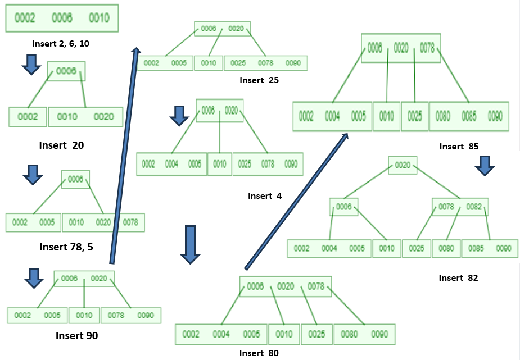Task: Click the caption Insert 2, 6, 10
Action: (61, 43)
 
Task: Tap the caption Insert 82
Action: (458, 277)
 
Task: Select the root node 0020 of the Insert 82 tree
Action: (403, 165)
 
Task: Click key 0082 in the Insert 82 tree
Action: (474, 207)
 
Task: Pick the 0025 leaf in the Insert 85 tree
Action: (414, 116)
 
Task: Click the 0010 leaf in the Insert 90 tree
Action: (84, 316)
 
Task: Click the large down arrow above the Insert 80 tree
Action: (190, 244)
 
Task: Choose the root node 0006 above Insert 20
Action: (66, 71)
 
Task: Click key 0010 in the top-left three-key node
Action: (98, 18)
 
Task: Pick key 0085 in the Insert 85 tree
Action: (469, 116)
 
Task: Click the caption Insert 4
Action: (264, 196)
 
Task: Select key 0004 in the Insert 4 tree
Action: (172, 165)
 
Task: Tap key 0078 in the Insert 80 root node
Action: (316, 287)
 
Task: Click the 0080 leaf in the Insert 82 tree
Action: (446, 248)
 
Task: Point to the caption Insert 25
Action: (259, 80)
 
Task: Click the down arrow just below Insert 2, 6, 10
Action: (31, 65)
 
